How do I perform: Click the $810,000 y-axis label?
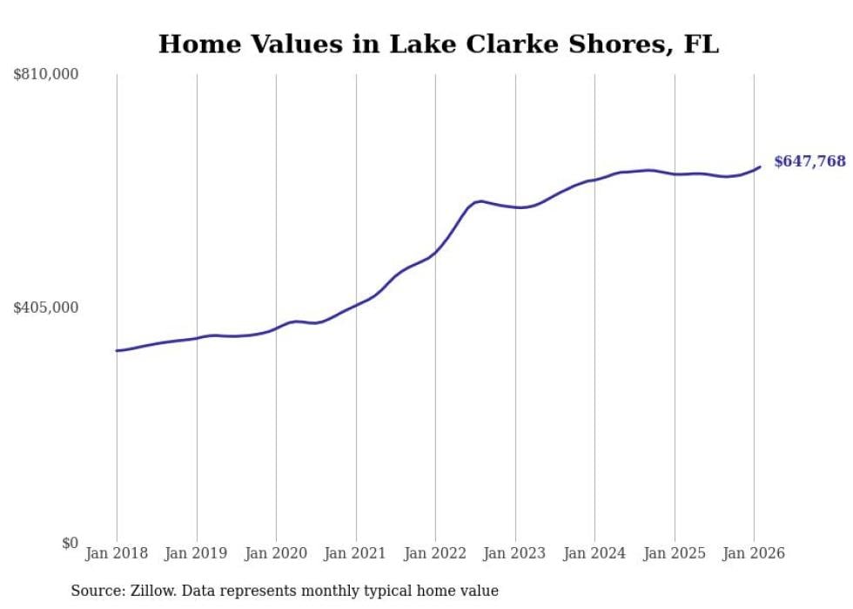tap(46, 75)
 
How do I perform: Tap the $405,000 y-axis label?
tap(46, 308)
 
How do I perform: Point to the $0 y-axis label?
tap(70, 543)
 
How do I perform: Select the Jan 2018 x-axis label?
tap(117, 553)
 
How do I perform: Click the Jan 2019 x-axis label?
tap(197, 553)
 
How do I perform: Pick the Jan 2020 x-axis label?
tap(276, 553)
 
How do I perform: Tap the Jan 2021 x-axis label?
tap(356, 553)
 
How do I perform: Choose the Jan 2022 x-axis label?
tap(435, 553)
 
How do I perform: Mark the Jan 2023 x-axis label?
tap(515, 553)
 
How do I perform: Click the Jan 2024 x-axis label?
tap(594, 553)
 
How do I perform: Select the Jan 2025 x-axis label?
tap(675, 553)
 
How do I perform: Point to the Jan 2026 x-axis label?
tap(754, 553)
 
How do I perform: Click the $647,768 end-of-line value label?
tap(809, 161)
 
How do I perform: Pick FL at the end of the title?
tap(702, 44)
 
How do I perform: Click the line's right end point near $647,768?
tap(760, 166)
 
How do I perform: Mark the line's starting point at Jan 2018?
tap(117, 350)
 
